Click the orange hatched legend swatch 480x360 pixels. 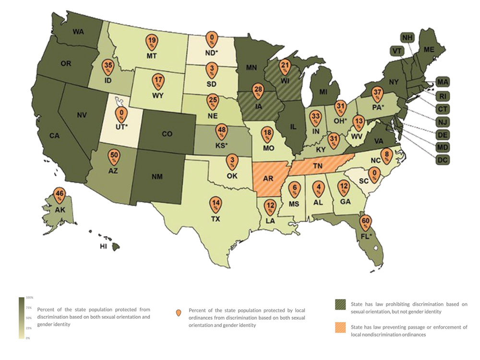coord(340,327)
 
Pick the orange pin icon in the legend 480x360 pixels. coord(179,313)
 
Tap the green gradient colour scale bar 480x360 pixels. coord(21,318)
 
